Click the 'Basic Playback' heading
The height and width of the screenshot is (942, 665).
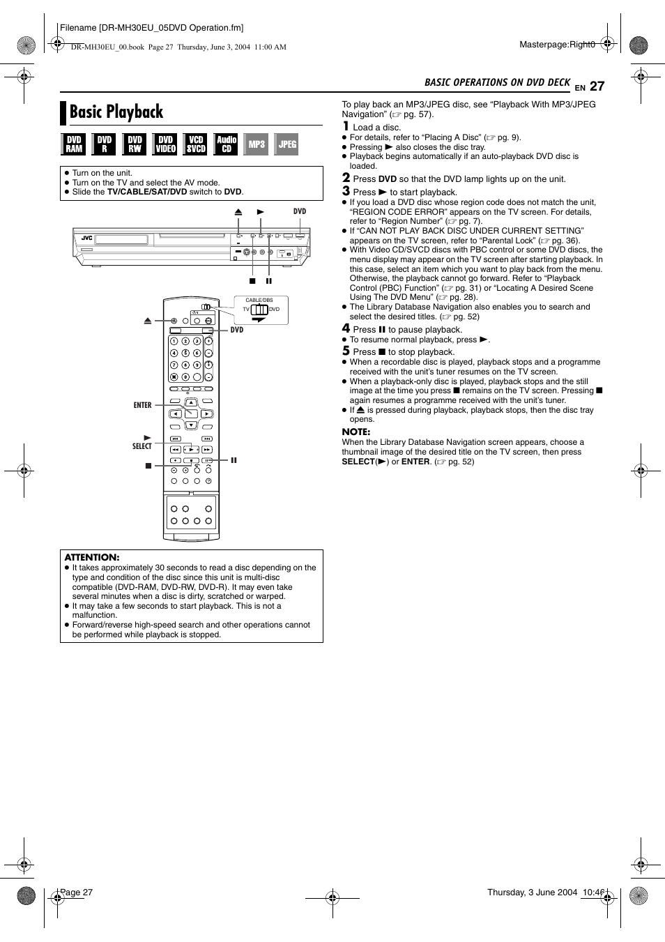click(x=116, y=112)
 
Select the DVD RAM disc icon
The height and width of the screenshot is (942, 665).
click(x=74, y=144)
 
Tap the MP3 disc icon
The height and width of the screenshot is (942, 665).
click(x=257, y=144)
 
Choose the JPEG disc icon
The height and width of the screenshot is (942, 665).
click(x=287, y=144)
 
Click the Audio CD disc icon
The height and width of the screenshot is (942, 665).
click(x=226, y=144)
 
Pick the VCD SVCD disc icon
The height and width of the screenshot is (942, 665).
click(x=196, y=144)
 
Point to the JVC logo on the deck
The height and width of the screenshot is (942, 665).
click(x=86, y=238)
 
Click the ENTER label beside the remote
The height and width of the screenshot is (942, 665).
click(x=142, y=405)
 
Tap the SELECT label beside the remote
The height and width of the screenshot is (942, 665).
click(x=142, y=446)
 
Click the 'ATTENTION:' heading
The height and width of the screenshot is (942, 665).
click(x=92, y=557)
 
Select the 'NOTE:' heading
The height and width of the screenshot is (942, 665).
click(x=356, y=432)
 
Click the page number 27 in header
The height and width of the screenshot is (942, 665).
click(x=597, y=86)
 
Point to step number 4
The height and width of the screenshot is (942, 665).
click(x=346, y=328)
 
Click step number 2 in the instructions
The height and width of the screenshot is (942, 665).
click(x=346, y=178)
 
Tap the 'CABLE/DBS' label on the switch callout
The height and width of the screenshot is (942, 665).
click(x=259, y=301)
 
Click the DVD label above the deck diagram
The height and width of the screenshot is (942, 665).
click(x=299, y=211)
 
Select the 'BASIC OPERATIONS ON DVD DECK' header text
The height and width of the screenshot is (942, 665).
click(x=497, y=82)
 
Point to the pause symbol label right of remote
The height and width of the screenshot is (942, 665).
click(x=234, y=460)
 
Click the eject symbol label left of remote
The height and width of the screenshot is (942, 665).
click(x=148, y=321)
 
